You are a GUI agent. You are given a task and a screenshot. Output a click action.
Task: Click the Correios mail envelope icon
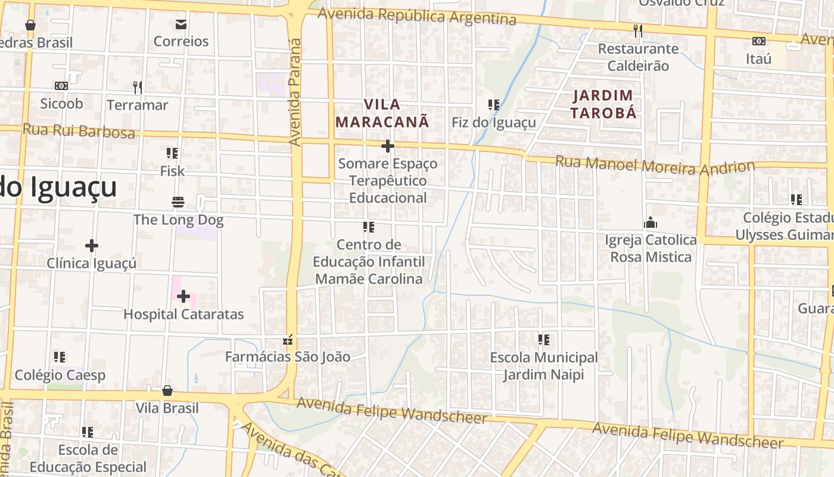pyautogui.click(x=181, y=24)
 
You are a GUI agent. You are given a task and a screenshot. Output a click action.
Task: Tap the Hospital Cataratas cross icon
pyautogui.click(x=183, y=296)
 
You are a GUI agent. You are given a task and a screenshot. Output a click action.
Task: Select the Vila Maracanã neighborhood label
pyautogui.click(x=382, y=113)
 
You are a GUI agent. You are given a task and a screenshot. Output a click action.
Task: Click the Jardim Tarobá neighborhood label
pyautogui.click(x=603, y=104)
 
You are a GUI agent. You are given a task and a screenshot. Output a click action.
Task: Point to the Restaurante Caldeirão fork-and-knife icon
pyautogui.click(x=638, y=30)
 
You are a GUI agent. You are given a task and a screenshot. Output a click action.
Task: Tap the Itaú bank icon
pyautogui.click(x=758, y=41)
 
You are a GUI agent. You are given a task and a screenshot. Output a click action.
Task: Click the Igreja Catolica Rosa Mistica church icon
pyautogui.click(x=651, y=223)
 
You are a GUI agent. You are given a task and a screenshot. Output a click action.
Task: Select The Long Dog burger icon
pyautogui.click(x=178, y=202)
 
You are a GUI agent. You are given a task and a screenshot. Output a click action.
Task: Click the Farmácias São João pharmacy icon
pyautogui.click(x=288, y=340)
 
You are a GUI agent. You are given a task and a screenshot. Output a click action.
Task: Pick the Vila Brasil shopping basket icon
pyautogui.click(x=167, y=391)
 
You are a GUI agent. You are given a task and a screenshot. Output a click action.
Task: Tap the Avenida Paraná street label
pyautogui.click(x=295, y=92)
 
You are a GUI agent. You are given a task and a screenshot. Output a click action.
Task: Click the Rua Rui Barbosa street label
pyautogui.click(x=79, y=131)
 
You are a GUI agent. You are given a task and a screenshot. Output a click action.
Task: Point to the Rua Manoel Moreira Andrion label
pyautogui.click(x=655, y=165)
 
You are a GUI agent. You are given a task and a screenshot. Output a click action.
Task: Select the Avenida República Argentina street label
pyautogui.click(x=416, y=16)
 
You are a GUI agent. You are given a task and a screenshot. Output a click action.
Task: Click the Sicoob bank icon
pyautogui.click(x=61, y=86)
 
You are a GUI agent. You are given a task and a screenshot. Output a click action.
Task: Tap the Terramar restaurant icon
pyautogui.click(x=138, y=88)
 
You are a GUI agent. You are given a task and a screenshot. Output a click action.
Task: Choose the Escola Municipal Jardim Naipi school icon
pyautogui.click(x=543, y=340)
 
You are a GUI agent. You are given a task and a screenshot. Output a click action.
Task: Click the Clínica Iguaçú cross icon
pyautogui.click(x=91, y=246)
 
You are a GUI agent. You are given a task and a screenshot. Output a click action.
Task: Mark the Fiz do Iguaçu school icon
pyautogui.click(x=493, y=105)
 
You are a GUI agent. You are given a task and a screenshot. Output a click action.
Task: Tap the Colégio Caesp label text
pyautogui.click(x=60, y=375)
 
